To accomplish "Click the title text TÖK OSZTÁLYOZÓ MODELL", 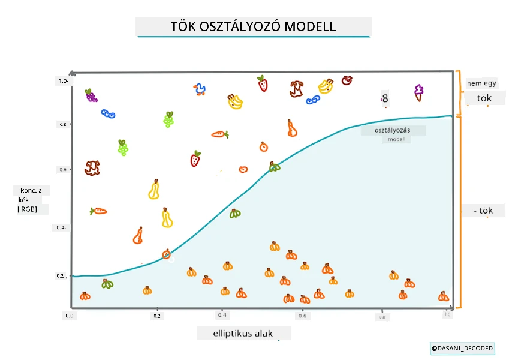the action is point(253,26).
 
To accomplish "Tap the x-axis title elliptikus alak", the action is point(243,334).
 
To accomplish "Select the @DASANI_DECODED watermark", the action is point(462,349).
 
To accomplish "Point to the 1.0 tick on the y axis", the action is point(64,80).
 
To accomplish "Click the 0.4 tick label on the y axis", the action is point(61,227).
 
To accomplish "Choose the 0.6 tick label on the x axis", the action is point(302,316).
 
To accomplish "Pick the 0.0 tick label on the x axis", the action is point(70,316).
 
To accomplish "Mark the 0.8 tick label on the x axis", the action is point(382,317).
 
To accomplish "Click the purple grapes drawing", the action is point(91,95).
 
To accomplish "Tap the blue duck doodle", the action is point(200,89).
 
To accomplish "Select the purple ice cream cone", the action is point(418,92).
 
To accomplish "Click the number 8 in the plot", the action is point(385,98).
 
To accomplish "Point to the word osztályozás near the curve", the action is point(393,130).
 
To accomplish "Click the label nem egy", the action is point(481,83).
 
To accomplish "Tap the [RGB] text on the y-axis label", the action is point(27,209).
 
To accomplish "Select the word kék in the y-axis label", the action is point(24,200).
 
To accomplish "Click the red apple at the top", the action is point(347,80).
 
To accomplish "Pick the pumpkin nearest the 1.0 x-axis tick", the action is point(444,296).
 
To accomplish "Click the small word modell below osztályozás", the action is point(396,139).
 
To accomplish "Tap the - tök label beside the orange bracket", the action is point(483,211).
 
